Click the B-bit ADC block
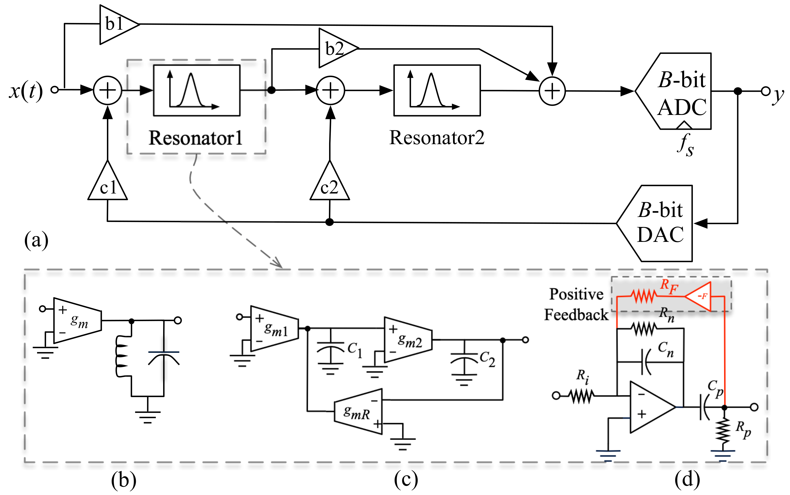pos(674,91)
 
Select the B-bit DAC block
pos(655,223)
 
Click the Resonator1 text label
pos(196,138)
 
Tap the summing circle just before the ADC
pos(552,91)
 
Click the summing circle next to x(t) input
pos(108,90)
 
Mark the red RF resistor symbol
pos(644,297)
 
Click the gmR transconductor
pos(358,411)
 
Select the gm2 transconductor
pos(408,340)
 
